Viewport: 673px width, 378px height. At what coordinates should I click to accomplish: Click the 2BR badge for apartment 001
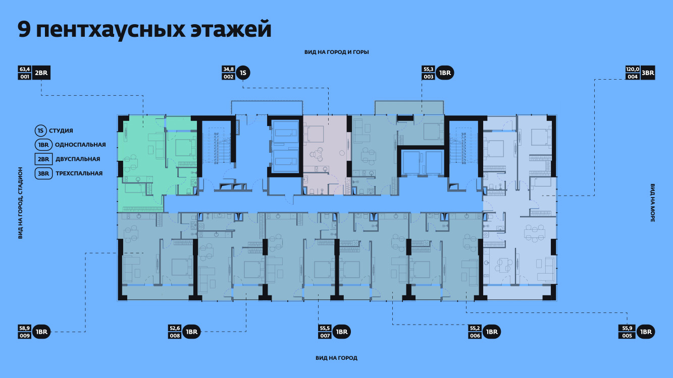pos(41,73)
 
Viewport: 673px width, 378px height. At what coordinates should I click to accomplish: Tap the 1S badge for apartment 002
pos(243,73)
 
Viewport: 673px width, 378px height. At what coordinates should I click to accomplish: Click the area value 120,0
pos(633,69)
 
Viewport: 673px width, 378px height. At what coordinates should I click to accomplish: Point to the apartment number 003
pos(429,77)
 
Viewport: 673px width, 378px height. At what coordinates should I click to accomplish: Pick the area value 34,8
pos(228,69)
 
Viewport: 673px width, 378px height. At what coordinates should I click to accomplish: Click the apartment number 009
pos(25,335)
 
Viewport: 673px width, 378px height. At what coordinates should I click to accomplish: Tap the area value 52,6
pos(175,328)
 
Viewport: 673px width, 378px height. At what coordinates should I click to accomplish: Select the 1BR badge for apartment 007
pos(342,332)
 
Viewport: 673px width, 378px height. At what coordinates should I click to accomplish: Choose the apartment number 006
pos(475,335)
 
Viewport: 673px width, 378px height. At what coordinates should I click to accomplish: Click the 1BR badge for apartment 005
pos(646,332)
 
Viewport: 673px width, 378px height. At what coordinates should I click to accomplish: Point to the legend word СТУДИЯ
pos(61,131)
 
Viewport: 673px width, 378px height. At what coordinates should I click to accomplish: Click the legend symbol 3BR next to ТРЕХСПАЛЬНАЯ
pos(43,173)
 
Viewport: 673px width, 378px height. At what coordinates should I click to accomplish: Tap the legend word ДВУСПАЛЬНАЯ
pos(78,159)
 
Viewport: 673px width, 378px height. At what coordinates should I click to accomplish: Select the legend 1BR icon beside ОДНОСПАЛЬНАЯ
pos(43,145)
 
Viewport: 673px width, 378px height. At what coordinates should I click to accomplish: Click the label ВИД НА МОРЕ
pos(653,203)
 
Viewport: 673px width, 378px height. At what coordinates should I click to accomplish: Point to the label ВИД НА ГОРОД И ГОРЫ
pos(336,52)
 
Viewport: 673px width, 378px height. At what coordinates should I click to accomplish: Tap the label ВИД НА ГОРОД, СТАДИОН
pos(20,203)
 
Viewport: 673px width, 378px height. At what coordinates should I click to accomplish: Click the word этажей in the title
pos(231,29)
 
